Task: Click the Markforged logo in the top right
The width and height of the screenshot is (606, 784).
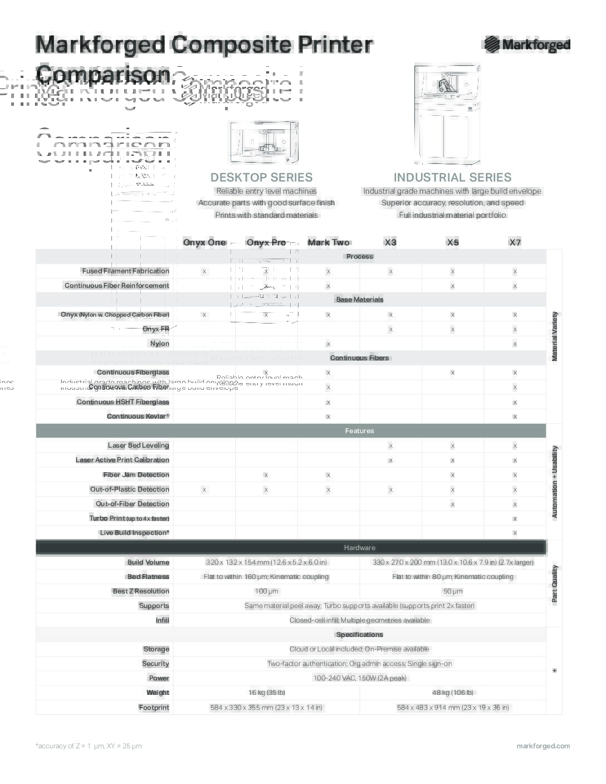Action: (527, 45)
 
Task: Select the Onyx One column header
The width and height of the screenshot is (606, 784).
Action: (204, 242)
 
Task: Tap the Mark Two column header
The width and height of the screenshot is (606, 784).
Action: (329, 242)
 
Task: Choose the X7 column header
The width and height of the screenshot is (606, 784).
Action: (515, 242)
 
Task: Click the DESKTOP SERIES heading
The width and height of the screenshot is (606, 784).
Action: (261, 178)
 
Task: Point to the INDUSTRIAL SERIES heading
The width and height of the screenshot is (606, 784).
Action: (452, 178)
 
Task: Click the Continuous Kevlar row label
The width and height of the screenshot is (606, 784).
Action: (138, 416)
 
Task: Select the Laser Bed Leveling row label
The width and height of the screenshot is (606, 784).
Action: (138, 445)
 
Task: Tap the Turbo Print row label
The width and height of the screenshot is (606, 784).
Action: (129, 518)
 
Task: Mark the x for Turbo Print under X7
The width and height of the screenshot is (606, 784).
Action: (515, 518)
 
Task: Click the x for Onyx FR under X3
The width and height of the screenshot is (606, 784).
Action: (390, 329)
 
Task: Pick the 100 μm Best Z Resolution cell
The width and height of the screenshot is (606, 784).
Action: (266, 591)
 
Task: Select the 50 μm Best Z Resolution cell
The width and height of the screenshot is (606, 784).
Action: (453, 591)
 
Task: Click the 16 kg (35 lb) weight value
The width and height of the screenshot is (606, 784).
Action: (266, 693)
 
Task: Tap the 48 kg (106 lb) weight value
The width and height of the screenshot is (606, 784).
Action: (453, 693)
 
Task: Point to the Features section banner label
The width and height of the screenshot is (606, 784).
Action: (359, 431)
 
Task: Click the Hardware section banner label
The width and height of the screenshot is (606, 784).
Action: (359, 548)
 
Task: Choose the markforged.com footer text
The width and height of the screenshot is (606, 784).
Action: (543, 746)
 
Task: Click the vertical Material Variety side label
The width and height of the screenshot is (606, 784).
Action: (554, 336)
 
